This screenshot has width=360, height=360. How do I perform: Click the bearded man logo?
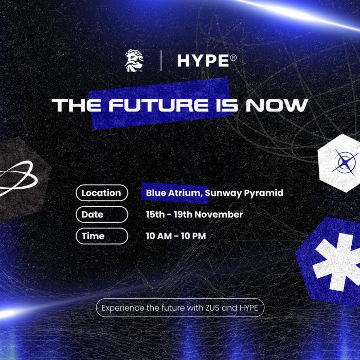(134, 61)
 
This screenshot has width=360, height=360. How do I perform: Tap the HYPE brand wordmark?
(204, 61)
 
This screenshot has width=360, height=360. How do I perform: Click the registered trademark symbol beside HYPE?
(233, 58)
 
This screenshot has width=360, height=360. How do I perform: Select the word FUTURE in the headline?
(158, 105)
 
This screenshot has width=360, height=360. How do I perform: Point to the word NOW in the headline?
(277, 105)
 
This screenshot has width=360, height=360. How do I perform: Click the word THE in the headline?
(77, 105)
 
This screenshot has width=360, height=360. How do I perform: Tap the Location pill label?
(102, 193)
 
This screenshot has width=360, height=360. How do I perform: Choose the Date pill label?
(102, 214)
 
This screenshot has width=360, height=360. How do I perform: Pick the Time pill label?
(102, 236)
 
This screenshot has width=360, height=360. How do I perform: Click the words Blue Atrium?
(174, 193)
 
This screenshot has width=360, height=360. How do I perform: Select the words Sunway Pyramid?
(244, 193)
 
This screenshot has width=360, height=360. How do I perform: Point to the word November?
(219, 214)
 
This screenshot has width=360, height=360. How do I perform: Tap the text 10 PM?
(193, 236)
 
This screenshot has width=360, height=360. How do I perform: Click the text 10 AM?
(158, 236)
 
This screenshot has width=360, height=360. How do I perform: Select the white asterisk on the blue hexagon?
(337, 262)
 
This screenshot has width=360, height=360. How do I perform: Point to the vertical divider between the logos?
(161, 61)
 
